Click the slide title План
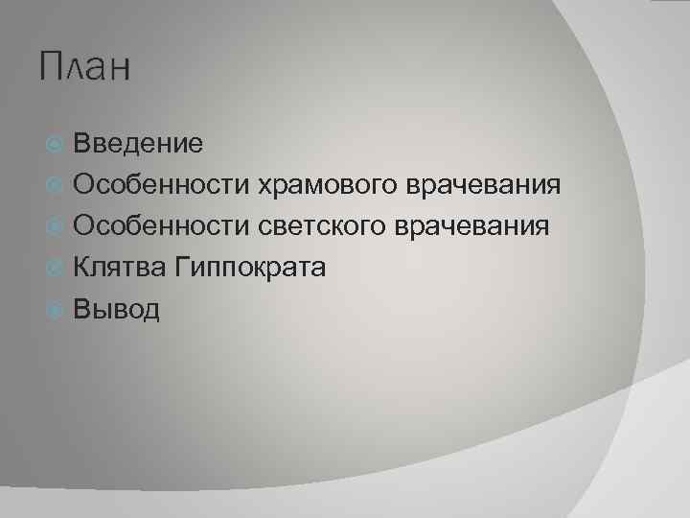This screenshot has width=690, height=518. pos(85,70)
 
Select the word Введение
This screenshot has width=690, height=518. pos(138,144)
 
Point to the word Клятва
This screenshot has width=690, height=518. pos(120,268)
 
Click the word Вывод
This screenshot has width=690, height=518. pos(117,309)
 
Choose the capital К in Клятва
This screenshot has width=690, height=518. pos(82,268)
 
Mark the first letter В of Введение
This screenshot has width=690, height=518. pos(82,144)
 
